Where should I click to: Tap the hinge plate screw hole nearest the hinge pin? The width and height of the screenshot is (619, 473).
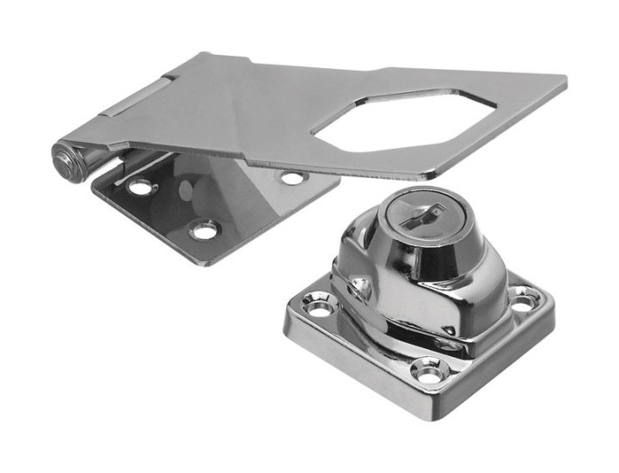point(138,184)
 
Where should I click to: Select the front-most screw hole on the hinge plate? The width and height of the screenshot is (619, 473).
point(204,230)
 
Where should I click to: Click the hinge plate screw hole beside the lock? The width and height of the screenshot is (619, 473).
point(292,178)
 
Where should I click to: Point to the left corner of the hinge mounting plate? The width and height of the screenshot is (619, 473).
point(93,183)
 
